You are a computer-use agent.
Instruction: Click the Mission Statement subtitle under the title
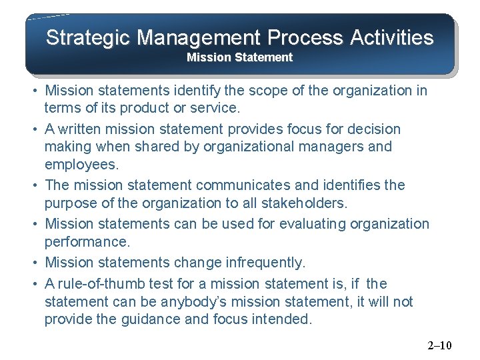click(x=239, y=57)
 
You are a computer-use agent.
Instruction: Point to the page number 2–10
click(x=439, y=345)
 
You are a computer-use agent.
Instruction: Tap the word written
click(x=85, y=129)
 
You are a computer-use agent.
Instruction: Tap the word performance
click(x=86, y=241)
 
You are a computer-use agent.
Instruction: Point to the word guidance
click(x=150, y=319)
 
